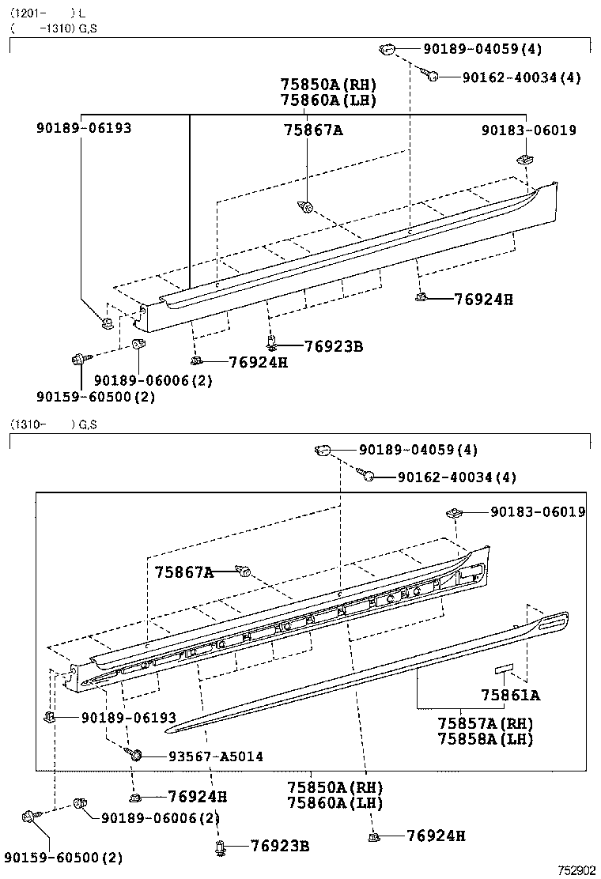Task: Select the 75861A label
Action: coord(510,696)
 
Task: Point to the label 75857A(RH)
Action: coord(485,724)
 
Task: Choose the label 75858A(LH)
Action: coord(485,740)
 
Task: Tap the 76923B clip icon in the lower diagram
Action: coord(219,849)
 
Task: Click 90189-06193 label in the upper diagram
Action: coord(84,128)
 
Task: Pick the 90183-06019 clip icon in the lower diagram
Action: coord(453,513)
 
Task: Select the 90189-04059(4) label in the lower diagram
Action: coord(418,450)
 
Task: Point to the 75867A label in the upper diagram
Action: coord(313,130)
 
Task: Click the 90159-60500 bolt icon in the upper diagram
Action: coord(77,360)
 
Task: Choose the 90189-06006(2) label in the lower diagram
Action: coord(161,818)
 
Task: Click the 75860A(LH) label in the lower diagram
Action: coord(335,803)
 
